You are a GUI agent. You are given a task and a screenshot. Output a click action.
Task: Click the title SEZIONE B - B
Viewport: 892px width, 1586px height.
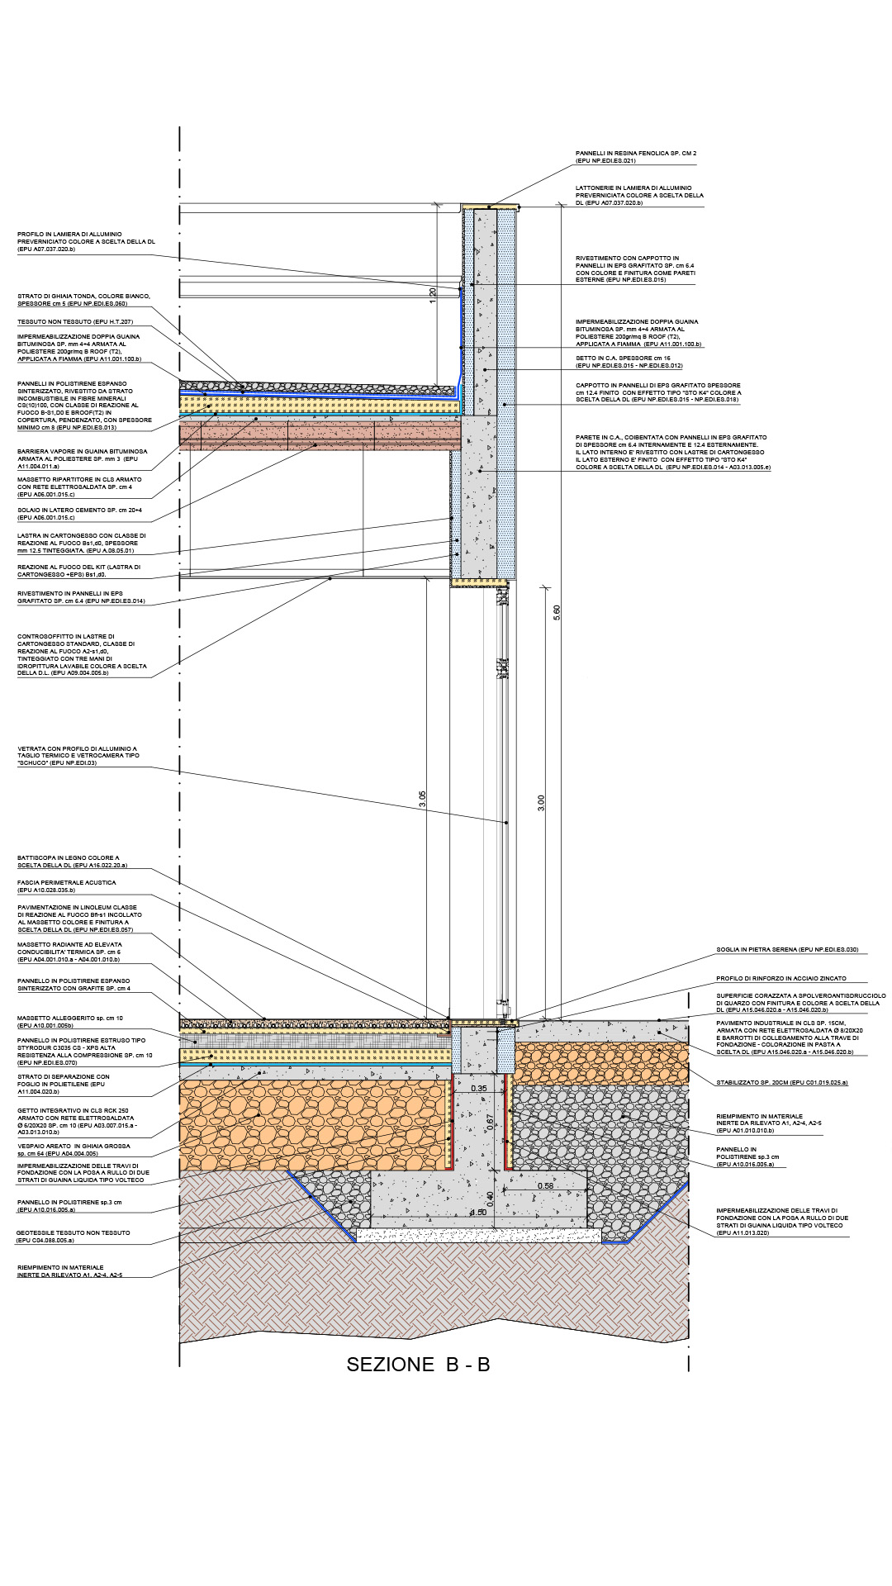click(x=418, y=1364)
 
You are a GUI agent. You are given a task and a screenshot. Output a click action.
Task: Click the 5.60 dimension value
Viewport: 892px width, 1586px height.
click(x=557, y=612)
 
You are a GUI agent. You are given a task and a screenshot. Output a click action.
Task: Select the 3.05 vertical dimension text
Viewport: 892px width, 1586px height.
click(x=422, y=799)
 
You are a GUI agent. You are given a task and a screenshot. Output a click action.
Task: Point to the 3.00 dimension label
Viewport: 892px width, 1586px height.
click(x=541, y=802)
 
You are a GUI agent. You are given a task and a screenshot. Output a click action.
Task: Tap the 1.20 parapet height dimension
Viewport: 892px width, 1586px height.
click(x=433, y=295)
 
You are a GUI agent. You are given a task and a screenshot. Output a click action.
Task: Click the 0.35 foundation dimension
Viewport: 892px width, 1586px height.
click(x=479, y=1089)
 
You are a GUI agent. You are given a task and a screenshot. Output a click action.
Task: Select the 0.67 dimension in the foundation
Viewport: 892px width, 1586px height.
click(x=490, y=1121)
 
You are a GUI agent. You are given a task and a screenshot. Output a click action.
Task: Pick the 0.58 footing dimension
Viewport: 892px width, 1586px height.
click(x=545, y=1186)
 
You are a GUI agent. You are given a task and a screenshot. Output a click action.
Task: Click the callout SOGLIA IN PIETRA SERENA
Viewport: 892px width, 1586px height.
click(x=787, y=950)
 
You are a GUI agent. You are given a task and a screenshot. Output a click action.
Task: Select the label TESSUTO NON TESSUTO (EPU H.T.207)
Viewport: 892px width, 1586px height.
click(x=75, y=321)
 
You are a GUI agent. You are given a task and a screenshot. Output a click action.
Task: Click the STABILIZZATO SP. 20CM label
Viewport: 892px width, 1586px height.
click(x=781, y=1082)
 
